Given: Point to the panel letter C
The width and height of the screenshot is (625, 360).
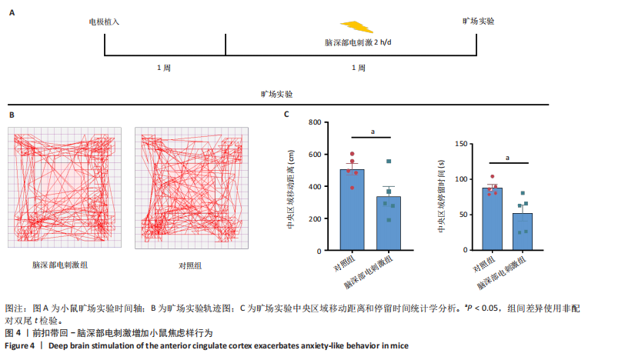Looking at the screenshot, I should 286,115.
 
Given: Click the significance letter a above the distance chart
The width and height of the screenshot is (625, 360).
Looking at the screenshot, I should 372,132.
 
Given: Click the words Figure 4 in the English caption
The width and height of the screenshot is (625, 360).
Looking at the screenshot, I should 20,346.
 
